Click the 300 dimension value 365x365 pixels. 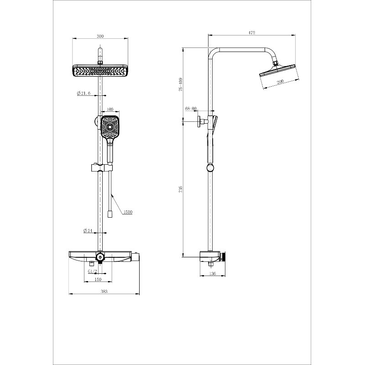click(100, 36)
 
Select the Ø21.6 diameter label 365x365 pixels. click(84, 94)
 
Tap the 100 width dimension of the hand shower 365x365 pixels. click(109, 109)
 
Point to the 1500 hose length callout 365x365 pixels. click(128, 212)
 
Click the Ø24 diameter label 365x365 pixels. click(88, 231)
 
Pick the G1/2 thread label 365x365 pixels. click(92, 271)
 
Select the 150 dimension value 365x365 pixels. click(98, 279)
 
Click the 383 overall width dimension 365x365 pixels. click(104, 291)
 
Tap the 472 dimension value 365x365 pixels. click(252, 32)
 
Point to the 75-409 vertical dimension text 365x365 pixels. click(181, 84)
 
